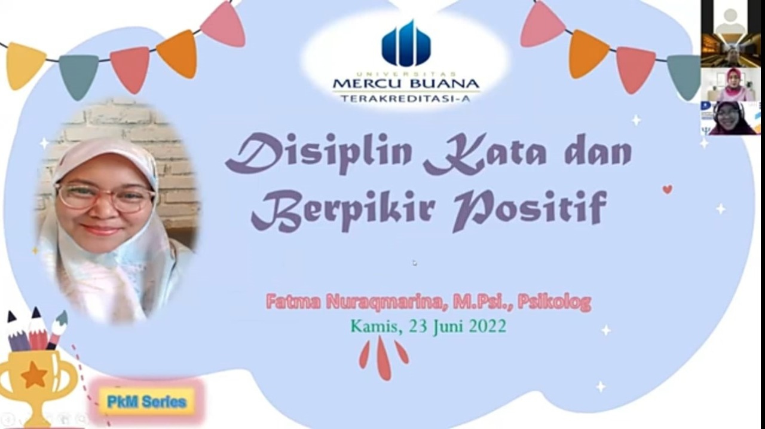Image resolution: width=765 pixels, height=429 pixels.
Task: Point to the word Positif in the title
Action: pos(530,210)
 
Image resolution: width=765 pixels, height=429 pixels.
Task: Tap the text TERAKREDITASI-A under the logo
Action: pos(406,99)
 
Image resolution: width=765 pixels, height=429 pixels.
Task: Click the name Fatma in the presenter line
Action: pos(293,302)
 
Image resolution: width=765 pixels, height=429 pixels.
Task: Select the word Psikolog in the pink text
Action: pos(554,303)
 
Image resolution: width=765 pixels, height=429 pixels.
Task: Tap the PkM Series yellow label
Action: pos(147,401)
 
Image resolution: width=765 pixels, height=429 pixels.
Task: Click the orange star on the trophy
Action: pos(34,375)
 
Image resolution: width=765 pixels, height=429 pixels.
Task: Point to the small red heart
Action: pos(668,189)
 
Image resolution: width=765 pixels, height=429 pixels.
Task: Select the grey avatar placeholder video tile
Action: pos(730,17)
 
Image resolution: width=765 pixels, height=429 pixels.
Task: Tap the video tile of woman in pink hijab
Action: pos(730,84)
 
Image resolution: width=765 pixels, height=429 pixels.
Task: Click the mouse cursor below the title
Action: pos(415,263)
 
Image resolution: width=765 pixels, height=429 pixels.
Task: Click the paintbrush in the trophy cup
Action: pos(57,330)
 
